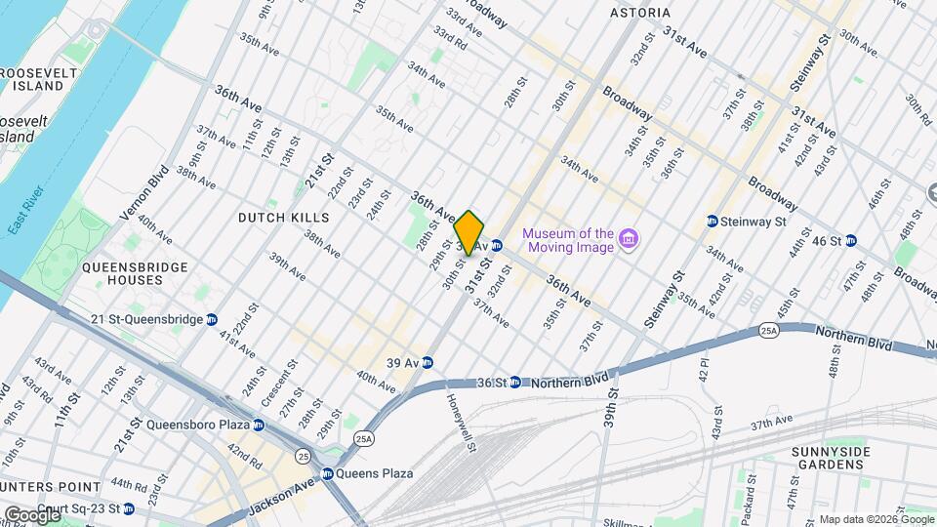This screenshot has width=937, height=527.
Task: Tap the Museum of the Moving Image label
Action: tap(568, 240)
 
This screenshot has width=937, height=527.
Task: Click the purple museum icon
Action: tap(630, 239)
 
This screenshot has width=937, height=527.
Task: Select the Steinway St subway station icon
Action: tap(713, 222)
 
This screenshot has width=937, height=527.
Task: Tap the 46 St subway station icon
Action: tap(851, 240)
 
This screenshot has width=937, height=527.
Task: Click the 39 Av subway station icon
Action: tap(428, 362)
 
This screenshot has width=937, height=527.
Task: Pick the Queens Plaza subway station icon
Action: tap(328, 473)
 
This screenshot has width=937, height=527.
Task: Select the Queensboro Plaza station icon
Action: tap(259, 425)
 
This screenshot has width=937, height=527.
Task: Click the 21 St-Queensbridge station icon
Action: tap(212, 319)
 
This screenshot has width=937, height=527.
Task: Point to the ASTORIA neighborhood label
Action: tap(640, 13)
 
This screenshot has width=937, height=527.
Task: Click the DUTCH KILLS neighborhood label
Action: tap(283, 217)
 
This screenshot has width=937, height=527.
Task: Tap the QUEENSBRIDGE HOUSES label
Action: tap(122, 272)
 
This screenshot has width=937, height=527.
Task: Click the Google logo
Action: tap(31, 514)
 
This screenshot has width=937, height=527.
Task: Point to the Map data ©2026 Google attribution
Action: tap(876, 519)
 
